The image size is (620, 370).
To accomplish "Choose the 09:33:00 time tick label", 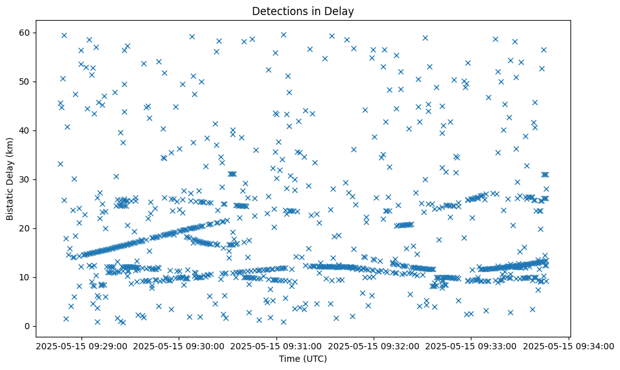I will click(471, 346).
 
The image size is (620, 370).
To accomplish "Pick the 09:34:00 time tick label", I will click(569, 346).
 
